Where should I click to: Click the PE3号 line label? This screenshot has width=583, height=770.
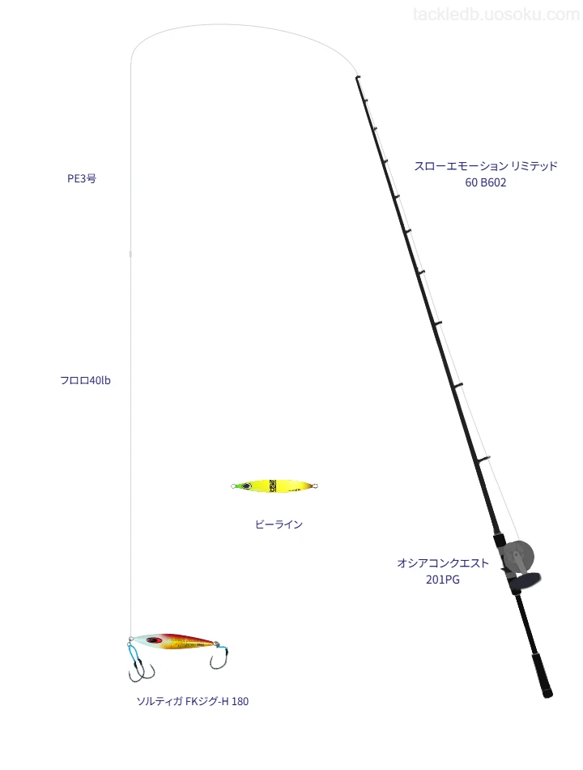(x=82, y=178)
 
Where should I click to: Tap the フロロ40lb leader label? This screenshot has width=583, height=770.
(x=85, y=380)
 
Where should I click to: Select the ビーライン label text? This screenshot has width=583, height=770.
(x=279, y=524)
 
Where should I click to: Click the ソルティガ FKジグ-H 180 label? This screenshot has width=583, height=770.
(x=193, y=701)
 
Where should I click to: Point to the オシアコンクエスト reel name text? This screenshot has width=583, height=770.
(x=443, y=563)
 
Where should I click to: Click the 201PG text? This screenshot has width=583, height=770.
(x=443, y=580)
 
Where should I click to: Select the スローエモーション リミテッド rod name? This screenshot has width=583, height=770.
(x=486, y=166)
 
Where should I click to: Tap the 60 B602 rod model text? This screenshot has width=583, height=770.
(x=486, y=182)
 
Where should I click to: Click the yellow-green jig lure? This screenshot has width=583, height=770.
(x=274, y=486)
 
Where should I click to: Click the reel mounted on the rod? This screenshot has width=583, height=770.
(x=518, y=564)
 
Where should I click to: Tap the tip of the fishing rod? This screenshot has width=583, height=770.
(x=357, y=77)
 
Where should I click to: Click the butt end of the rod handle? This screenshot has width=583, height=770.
(x=547, y=694)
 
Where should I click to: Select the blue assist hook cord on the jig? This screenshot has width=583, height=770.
(x=133, y=652)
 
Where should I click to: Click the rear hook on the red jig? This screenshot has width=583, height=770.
(x=219, y=657)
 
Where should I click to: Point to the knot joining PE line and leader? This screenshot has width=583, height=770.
(x=130, y=254)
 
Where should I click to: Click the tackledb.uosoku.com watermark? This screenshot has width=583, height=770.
(x=496, y=15)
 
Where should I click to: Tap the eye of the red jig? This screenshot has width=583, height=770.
(x=155, y=640)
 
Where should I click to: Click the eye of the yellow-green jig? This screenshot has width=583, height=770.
(x=245, y=486)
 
